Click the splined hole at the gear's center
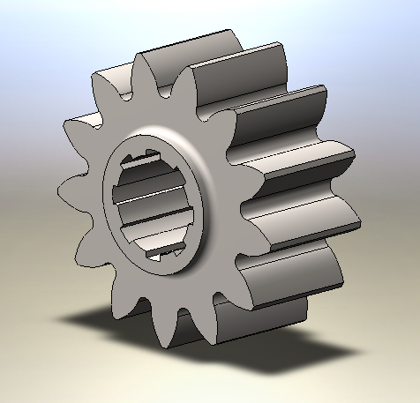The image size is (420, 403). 155,207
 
